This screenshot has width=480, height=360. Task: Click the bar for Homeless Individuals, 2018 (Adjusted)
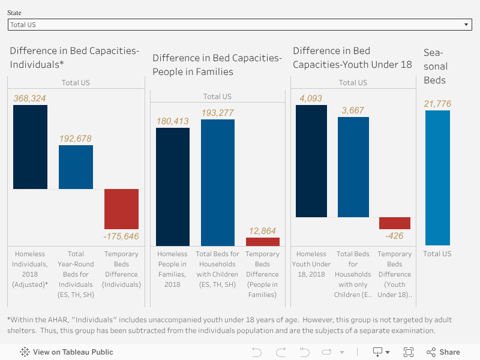(x=30, y=147)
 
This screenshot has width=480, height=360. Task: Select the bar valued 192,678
(x=76, y=167)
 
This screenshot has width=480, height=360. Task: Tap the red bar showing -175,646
(x=121, y=208)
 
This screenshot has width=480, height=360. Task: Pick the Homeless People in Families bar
(x=173, y=187)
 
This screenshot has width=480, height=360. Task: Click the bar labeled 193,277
(x=218, y=182)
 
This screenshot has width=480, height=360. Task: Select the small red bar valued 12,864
(x=263, y=242)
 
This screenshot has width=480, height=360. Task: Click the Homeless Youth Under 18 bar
(x=311, y=161)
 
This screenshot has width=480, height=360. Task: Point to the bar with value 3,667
(x=353, y=167)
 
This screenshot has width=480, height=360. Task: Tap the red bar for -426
(x=395, y=223)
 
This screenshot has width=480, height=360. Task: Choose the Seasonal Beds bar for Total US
(x=437, y=178)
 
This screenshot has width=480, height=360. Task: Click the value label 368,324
(x=30, y=98)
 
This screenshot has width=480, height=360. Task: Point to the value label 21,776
(x=437, y=104)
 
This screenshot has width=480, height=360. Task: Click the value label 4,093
(x=311, y=98)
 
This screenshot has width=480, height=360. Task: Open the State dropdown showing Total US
(x=239, y=25)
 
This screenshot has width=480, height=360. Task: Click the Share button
(x=443, y=352)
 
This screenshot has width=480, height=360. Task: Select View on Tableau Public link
(x=67, y=352)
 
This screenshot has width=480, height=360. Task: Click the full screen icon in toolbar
(x=409, y=352)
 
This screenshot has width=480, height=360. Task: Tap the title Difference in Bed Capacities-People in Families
(x=217, y=65)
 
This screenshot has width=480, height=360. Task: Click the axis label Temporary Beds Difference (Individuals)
(x=122, y=274)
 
